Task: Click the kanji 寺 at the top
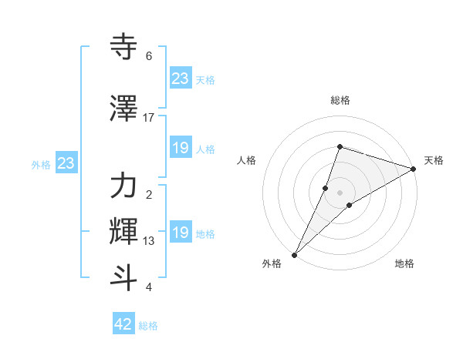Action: pos(123,47)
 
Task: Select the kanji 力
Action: pos(123,186)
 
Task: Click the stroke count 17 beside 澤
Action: pos(149,118)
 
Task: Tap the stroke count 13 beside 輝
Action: pos(149,241)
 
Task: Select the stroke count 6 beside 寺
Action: pos(149,56)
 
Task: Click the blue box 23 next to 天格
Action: pos(181,79)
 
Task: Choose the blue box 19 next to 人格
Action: pos(181,148)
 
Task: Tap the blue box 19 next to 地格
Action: pos(181,233)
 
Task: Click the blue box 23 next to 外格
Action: pos(66,163)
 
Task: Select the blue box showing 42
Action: pos(123,324)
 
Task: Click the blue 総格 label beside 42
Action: pos(148,326)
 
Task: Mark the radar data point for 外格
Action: pos(295,254)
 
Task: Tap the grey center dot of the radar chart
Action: pos(340,192)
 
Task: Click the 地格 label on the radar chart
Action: pos(404,264)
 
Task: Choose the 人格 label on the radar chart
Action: pos(247,160)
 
